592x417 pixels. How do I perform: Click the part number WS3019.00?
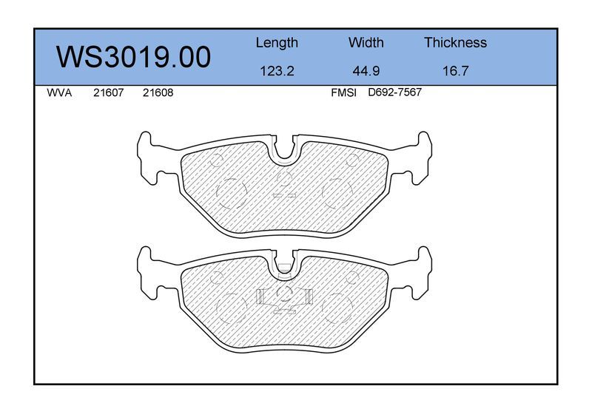pyautogui.click(x=133, y=57)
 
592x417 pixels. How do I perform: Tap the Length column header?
pyautogui.click(x=277, y=43)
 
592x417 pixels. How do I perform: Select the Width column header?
pyautogui.click(x=366, y=42)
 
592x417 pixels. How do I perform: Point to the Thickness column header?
pyautogui.click(x=455, y=42)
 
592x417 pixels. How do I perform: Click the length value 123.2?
pyautogui.click(x=277, y=71)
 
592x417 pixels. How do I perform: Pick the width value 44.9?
pyautogui.click(x=366, y=71)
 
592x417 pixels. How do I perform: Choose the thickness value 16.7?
pyautogui.click(x=455, y=71)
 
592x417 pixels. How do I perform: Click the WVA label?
pyautogui.click(x=59, y=93)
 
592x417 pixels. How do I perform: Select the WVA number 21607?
pyautogui.click(x=108, y=93)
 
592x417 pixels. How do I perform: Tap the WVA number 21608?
pyautogui.click(x=158, y=93)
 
